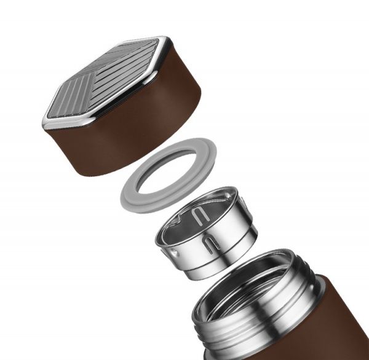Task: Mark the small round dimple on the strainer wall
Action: coord(174,252)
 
